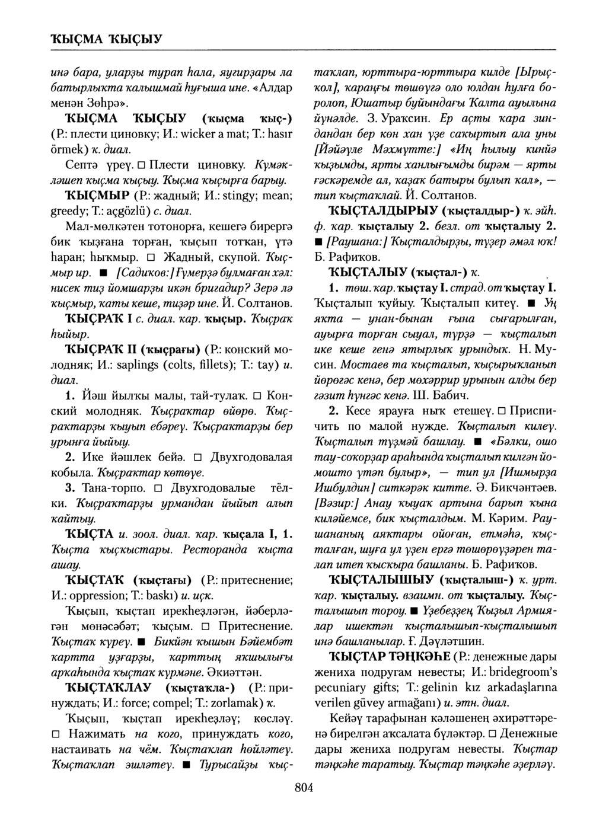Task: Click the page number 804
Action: click(x=303, y=788)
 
